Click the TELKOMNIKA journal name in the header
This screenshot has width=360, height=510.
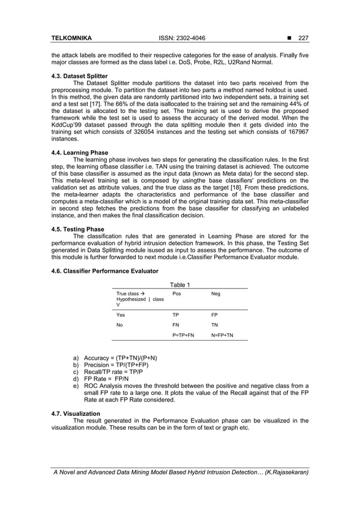tap(72, 38)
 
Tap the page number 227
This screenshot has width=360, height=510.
tap(304, 38)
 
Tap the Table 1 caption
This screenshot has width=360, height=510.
tap(179, 285)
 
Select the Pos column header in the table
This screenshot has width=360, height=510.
tap(177, 294)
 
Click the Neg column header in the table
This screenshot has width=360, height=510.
tap(216, 294)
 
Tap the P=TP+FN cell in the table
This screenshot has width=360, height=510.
tap(183, 335)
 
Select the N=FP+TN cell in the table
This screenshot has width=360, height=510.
tap(222, 335)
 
